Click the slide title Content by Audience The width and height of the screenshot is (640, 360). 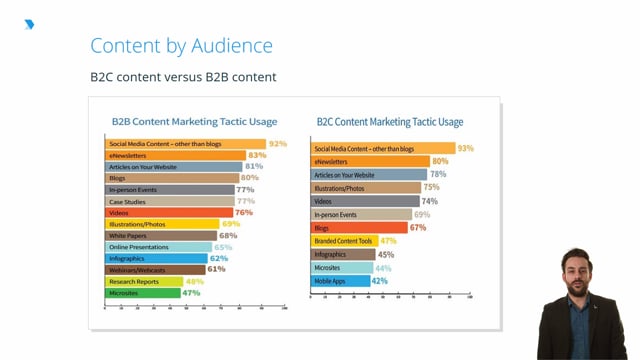[x=181, y=45]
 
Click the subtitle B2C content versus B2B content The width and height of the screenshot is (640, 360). [x=183, y=77]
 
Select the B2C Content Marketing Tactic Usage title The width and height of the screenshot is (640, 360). [x=390, y=122]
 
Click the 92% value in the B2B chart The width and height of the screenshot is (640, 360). [x=277, y=144]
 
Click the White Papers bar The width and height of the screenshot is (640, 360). [x=160, y=235]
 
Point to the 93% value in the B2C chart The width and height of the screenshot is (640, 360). [x=465, y=148]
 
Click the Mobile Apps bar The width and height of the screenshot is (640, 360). [x=340, y=281]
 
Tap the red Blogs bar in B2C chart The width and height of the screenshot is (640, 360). [x=360, y=228]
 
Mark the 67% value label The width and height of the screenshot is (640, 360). [x=418, y=228]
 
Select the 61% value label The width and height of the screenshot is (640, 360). [x=216, y=269]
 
